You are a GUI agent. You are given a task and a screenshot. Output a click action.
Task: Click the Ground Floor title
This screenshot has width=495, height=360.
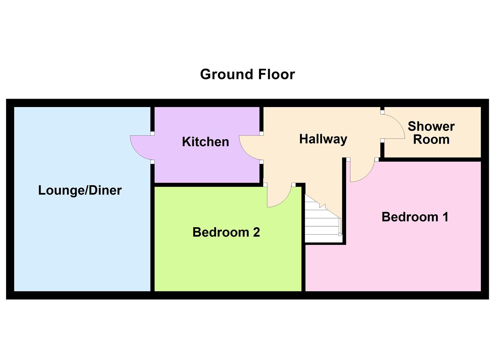(247, 74)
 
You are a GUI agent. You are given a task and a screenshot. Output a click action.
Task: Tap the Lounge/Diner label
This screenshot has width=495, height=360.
(80, 190)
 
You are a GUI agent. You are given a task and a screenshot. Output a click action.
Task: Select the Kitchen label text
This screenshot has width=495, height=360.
(205, 142)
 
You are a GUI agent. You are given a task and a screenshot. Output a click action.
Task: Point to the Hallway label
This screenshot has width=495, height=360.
(323, 139)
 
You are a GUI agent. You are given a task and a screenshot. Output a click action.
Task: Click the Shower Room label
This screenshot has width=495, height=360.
(431, 133)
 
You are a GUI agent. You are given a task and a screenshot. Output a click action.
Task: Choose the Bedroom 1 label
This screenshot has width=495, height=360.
(415, 217)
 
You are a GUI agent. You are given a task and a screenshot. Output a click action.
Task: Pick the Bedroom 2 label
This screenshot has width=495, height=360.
(226, 232)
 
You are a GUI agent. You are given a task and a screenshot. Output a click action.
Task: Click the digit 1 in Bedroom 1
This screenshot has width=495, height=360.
(445, 217)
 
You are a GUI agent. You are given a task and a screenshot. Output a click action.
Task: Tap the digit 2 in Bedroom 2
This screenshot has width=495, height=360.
(256, 232)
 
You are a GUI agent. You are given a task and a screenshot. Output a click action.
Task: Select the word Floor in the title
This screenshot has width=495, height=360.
(276, 74)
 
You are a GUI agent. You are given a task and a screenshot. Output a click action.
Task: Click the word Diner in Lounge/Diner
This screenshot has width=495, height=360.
(105, 190)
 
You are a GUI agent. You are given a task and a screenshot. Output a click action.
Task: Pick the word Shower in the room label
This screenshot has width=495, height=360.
(431, 126)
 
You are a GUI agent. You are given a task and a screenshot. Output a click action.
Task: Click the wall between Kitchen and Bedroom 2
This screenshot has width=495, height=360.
(207, 185)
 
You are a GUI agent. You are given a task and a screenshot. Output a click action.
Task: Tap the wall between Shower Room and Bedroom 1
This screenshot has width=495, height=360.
(432, 159)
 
